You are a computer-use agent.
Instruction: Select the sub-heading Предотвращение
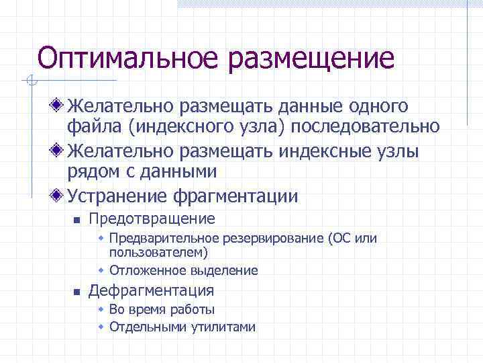click(152, 218)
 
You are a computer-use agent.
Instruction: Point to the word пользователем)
click(158, 252)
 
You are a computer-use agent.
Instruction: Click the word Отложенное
click(143, 270)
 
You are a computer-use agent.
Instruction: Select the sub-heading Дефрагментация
click(151, 290)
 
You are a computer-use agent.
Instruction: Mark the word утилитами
click(225, 327)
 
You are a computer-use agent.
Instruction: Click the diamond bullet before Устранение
click(58, 196)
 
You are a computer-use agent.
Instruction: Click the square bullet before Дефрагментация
click(77, 292)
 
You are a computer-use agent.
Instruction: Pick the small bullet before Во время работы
click(101, 310)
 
